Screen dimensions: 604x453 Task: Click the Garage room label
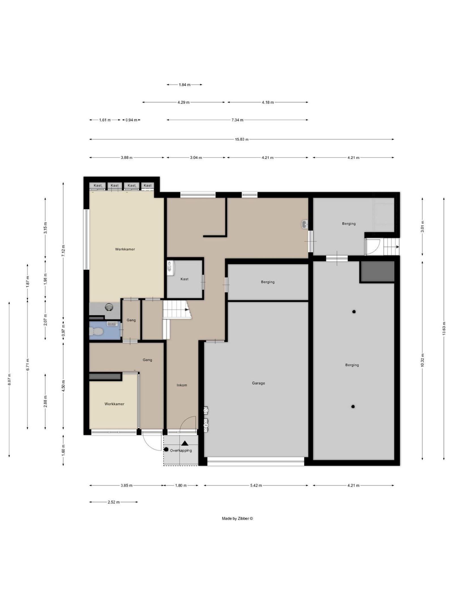[258, 383]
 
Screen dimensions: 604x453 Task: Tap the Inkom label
[182, 385]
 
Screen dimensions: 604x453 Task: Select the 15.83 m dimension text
[242, 139]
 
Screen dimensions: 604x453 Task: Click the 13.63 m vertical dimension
[444, 328]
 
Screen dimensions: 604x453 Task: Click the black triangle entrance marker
[185, 443]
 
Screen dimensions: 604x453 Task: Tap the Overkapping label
[181, 450]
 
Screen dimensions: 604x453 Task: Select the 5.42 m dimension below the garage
[256, 485]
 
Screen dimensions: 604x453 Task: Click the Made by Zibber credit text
[237, 518]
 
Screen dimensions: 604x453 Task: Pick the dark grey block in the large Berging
[377, 272]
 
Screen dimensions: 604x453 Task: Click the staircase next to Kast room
[176, 310]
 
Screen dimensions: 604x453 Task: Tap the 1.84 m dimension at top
[184, 85]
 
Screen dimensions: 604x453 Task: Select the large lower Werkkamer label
[114, 404]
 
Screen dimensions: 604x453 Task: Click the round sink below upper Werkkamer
[109, 307]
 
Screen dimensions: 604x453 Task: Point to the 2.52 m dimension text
[114, 502]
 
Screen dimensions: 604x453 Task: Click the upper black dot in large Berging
[354, 312]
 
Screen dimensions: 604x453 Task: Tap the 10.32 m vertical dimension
[422, 360]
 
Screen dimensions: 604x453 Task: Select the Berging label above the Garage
[268, 282]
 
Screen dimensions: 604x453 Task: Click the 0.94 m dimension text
[131, 120]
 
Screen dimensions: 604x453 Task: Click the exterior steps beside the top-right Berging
[390, 247]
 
